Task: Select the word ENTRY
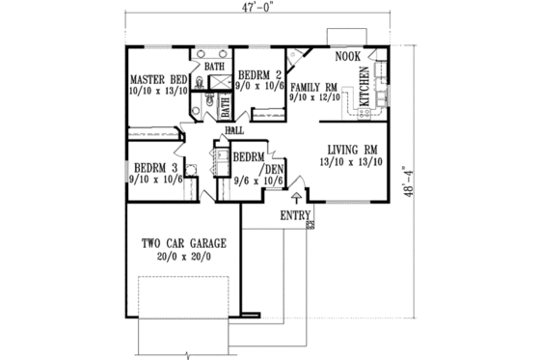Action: tap(296, 216)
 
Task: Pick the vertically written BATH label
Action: tap(225, 103)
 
